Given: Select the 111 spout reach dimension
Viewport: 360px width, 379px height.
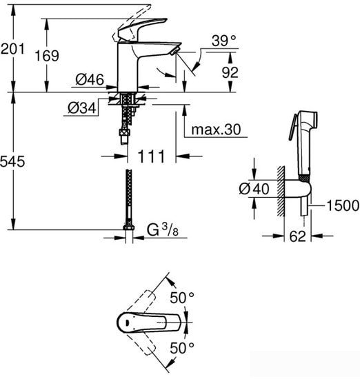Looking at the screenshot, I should (150, 156).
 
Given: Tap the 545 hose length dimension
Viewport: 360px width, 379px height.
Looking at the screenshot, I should (12, 162).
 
